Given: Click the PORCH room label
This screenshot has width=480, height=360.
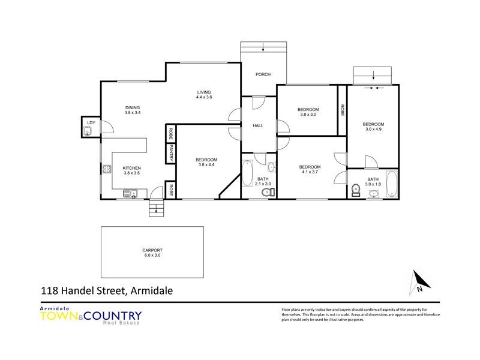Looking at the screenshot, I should click(x=263, y=74).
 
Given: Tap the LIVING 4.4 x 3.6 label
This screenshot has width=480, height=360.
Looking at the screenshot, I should click(x=205, y=94).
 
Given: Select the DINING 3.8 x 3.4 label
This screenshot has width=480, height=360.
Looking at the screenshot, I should click(x=132, y=110).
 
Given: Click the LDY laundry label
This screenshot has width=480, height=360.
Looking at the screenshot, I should click(x=91, y=123).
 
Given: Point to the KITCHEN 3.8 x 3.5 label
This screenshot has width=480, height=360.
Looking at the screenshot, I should click(x=131, y=170).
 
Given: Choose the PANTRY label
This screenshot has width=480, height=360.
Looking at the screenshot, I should click(x=171, y=154).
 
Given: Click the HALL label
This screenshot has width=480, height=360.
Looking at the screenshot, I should click(x=258, y=126).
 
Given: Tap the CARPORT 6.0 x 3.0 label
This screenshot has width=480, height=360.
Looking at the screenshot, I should click(x=152, y=253).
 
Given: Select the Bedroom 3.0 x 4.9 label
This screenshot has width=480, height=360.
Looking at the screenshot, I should click(x=372, y=127).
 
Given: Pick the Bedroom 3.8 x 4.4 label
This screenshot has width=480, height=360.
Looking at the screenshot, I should click(x=206, y=163).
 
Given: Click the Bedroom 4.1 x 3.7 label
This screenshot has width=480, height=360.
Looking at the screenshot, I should click(x=310, y=170).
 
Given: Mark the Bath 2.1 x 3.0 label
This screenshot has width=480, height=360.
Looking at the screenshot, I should click(x=263, y=181).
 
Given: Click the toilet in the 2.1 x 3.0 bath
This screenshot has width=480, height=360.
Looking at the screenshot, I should click(x=271, y=192).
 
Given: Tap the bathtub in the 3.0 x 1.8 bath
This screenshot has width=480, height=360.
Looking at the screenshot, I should click(x=392, y=185).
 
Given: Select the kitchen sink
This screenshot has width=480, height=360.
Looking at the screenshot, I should click(x=130, y=193).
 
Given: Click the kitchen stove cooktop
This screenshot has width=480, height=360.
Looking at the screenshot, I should click(x=107, y=169).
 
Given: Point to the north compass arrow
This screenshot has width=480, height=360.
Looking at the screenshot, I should click(x=419, y=281).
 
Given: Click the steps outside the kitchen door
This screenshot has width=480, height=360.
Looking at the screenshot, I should click(x=155, y=209).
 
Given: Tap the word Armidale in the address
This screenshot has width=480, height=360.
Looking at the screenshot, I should click(x=151, y=291).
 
